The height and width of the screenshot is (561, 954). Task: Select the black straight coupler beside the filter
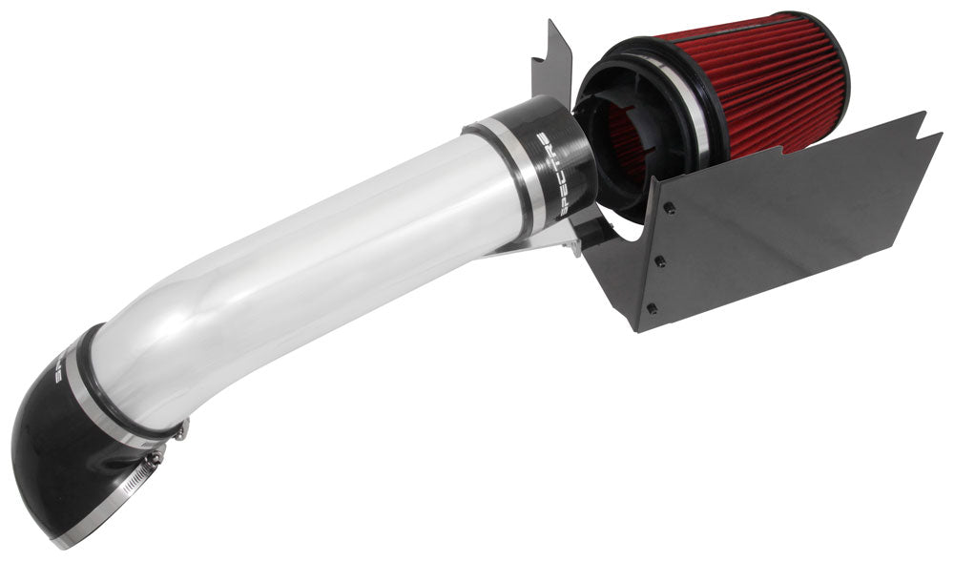pyautogui.click(x=549, y=162)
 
